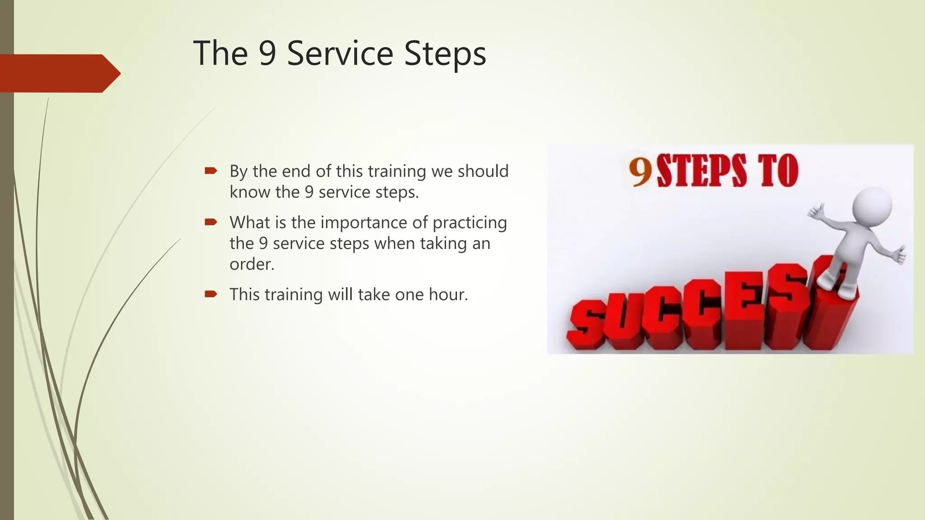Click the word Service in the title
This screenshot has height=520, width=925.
point(340,53)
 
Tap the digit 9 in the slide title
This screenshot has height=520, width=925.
point(267,53)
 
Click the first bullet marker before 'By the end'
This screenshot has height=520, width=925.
point(211,171)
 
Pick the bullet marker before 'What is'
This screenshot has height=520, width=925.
point(211,222)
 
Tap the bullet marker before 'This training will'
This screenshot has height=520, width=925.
point(211,294)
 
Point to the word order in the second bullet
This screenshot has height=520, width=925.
point(252,264)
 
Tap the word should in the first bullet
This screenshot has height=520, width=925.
point(483,171)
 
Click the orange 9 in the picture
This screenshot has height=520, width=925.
point(640,172)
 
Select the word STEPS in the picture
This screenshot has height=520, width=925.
point(701,171)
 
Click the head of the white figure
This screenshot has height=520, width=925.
point(872,206)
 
